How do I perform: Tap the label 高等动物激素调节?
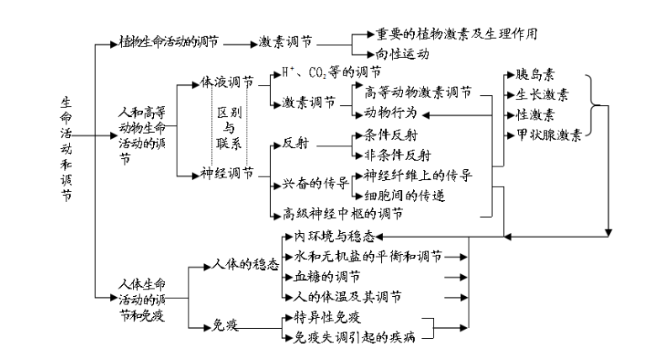pyautogui.click(x=418, y=93)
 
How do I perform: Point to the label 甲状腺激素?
pyautogui.click(x=546, y=135)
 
